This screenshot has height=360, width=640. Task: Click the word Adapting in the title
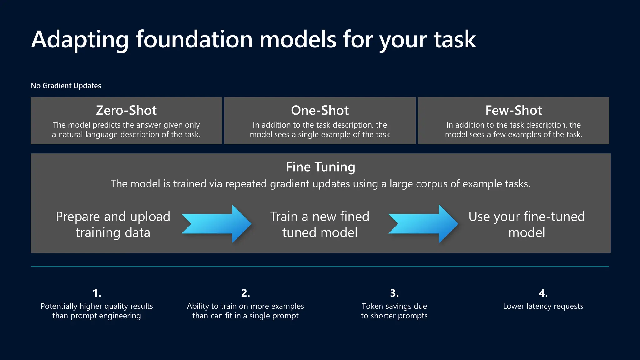click(x=80, y=40)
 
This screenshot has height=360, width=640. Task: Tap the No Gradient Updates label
click(x=66, y=86)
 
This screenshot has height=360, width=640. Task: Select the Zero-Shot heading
click(x=126, y=110)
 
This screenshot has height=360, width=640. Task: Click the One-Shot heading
click(x=320, y=110)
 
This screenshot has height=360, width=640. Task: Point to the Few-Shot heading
click(x=513, y=110)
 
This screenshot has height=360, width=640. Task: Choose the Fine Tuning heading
click(x=320, y=167)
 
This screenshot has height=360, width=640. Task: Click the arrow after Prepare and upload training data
click(x=217, y=224)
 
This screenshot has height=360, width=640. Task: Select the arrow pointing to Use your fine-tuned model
click(x=423, y=224)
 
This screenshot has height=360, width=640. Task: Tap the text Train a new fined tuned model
click(x=320, y=224)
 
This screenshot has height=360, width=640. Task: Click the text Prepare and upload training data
click(x=113, y=224)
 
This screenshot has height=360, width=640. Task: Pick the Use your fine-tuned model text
click(x=527, y=224)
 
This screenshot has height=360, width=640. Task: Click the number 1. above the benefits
click(x=97, y=293)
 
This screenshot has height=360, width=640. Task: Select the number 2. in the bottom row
click(x=246, y=293)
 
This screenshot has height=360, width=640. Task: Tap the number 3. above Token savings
click(x=394, y=293)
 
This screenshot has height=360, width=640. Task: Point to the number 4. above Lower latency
click(x=543, y=293)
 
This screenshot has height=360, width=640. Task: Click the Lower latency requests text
click(x=543, y=306)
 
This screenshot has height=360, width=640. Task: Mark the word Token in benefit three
click(x=372, y=306)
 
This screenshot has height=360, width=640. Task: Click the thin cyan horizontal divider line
click(x=320, y=267)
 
